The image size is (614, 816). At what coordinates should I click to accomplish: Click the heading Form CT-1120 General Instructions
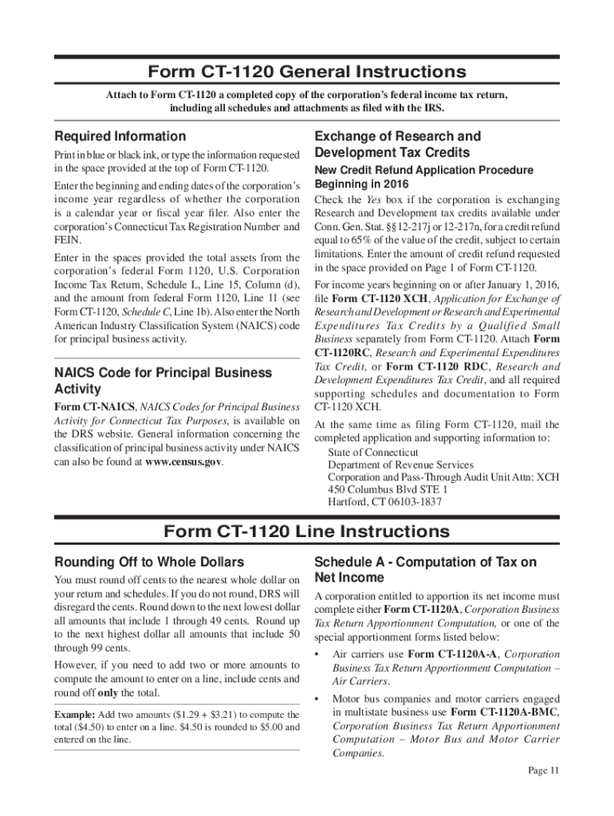[306, 72]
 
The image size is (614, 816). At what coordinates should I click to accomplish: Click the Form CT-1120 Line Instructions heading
[306, 532]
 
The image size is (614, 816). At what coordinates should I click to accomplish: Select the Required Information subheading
[120, 136]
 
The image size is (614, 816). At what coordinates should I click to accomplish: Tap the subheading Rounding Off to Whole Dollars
[148, 562]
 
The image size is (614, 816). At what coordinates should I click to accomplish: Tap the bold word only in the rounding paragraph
[108, 692]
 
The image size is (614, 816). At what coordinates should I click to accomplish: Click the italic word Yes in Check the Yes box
[375, 199]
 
